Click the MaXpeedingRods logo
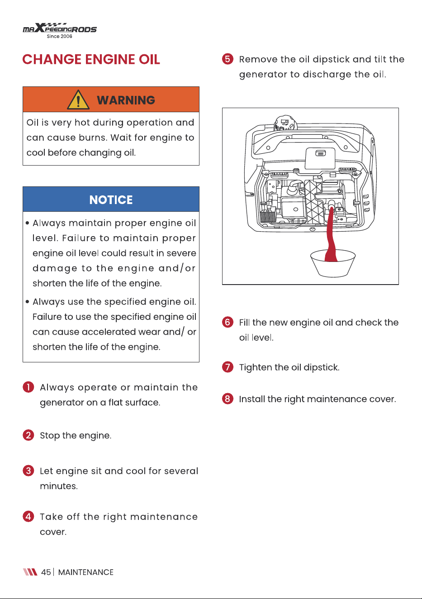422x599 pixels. pyautogui.click(x=60, y=30)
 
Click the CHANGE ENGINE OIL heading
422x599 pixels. pyautogui.click(x=91, y=59)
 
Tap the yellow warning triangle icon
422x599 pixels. pyautogui.click(x=78, y=100)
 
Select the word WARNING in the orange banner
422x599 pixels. pyautogui.click(x=126, y=100)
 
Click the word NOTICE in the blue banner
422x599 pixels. pyautogui.click(x=111, y=200)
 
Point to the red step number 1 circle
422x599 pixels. pyautogui.click(x=28, y=387)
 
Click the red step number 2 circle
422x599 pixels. pyautogui.click(x=28, y=435)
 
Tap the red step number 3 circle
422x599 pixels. pyautogui.click(x=28, y=471)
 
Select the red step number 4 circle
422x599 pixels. pyautogui.click(x=28, y=516)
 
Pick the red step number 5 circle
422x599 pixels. pyautogui.click(x=228, y=59)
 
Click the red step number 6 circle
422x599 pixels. pyautogui.click(x=228, y=322)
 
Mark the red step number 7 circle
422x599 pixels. pyautogui.click(x=228, y=367)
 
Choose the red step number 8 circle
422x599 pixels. pyautogui.click(x=228, y=399)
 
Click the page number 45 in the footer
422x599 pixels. pyautogui.click(x=46, y=572)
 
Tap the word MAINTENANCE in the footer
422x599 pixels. pyautogui.click(x=86, y=572)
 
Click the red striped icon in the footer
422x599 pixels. pyautogui.click(x=30, y=572)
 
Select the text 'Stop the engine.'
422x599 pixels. pyautogui.click(x=76, y=436)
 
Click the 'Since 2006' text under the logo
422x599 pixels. pyautogui.click(x=59, y=36)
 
